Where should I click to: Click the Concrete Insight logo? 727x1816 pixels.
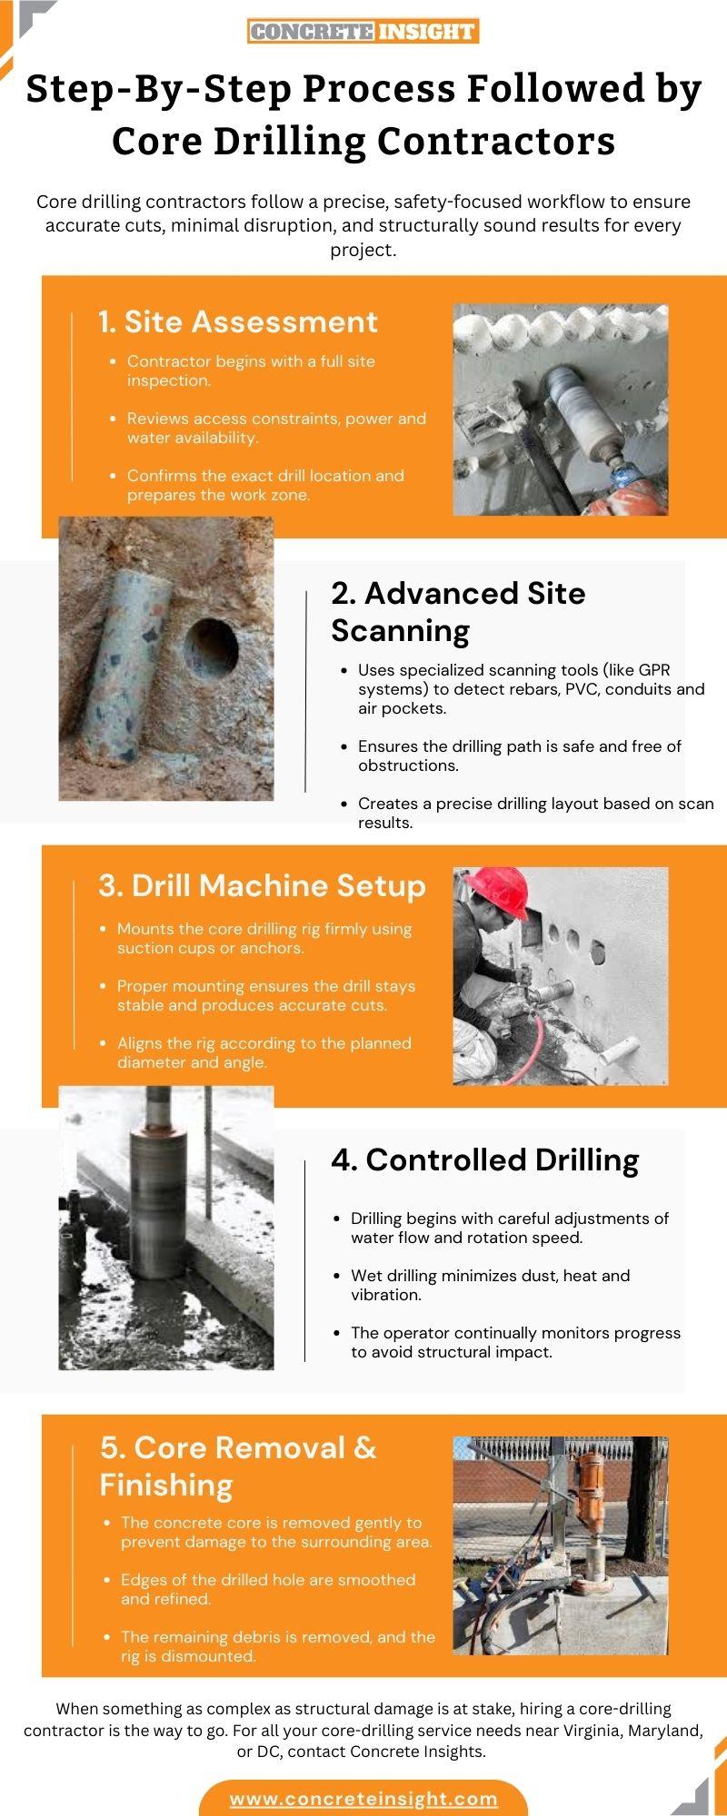(x=363, y=32)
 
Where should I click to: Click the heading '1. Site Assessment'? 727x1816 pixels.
(x=238, y=321)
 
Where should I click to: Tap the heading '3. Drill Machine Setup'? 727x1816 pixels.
(x=262, y=885)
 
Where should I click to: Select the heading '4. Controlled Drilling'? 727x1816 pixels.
(x=484, y=1160)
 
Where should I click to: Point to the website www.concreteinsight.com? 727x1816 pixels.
(x=363, y=1798)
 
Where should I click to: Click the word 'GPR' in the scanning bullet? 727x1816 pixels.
(x=653, y=670)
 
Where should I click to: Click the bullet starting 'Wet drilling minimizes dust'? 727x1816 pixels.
(x=491, y=1285)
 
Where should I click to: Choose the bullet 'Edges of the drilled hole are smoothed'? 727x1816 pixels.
(x=267, y=1589)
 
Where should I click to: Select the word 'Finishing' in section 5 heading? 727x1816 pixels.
(x=166, y=1485)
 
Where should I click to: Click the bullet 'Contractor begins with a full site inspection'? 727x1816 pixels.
(x=250, y=370)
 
